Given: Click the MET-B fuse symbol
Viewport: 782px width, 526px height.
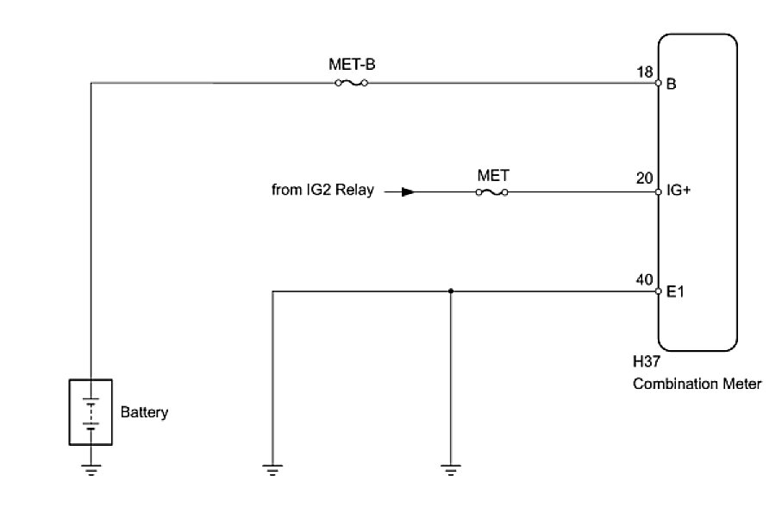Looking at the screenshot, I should click(x=351, y=84).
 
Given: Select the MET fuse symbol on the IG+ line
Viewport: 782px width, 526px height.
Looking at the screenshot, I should click(x=491, y=192).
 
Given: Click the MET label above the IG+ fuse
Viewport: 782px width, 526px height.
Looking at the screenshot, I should click(x=492, y=174).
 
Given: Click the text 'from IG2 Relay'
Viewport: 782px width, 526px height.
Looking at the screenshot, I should click(x=322, y=191).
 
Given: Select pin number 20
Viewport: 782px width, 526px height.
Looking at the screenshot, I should click(x=641, y=178).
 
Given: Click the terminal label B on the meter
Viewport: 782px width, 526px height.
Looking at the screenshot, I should click(x=671, y=85).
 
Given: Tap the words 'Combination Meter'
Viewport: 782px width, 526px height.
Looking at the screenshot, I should click(x=697, y=385).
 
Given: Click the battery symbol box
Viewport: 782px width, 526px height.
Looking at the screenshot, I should click(x=91, y=411).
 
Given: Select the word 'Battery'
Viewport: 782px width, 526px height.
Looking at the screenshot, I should click(x=144, y=412).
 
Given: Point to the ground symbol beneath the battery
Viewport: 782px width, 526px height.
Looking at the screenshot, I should click(x=91, y=470).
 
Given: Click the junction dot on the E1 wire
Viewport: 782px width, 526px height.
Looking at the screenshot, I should click(x=450, y=291).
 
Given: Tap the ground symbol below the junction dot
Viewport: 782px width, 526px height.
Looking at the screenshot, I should click(x=449, y=470).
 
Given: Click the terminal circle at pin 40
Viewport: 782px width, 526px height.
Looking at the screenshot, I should click(x=658, y=291).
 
